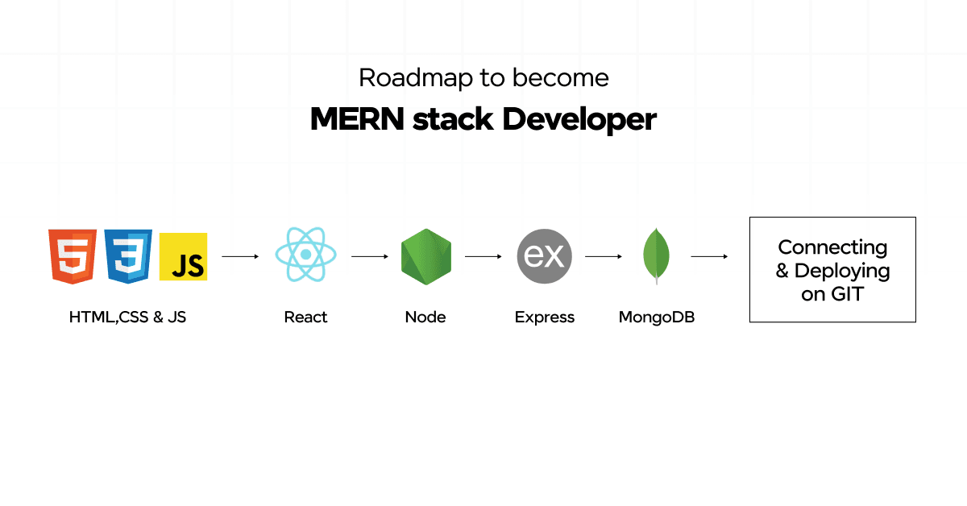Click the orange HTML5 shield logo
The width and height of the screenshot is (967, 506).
pos(73,255)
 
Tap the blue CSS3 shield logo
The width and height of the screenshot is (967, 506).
pos(128,255)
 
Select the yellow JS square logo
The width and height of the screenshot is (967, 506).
pos(183,257)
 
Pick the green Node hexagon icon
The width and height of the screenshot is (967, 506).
pos(425,257)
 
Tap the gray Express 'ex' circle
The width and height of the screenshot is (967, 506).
pos(544,257)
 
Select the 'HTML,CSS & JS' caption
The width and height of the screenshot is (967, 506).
pos(127,317)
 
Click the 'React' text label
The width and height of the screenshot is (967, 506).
pos(305,317)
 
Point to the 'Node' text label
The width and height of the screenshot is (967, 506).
pos(425,317)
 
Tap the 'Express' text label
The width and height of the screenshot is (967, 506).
pos(545,317)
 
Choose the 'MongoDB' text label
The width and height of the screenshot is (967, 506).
pos(656,317)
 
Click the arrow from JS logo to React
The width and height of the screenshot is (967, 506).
pos(240,257)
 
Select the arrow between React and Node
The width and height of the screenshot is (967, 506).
pos(370,257)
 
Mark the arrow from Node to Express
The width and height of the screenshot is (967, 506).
pos(483,257)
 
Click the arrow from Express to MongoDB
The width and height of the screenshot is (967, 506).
pos(604,257)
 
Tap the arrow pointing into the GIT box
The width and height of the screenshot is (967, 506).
pos(710,257)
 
